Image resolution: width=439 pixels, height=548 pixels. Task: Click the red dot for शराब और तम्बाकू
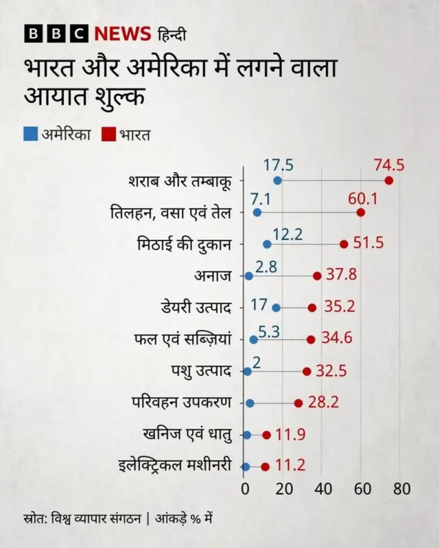click(x=389, y=180)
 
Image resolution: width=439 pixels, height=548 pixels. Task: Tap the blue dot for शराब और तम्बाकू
click(x=278, y=180)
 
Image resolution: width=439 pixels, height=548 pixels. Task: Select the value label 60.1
click(x=363, y=198)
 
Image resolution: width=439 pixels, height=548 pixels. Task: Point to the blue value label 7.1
click(x=261, y=198)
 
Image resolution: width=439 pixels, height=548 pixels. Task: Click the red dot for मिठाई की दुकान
click(x=344, y=244)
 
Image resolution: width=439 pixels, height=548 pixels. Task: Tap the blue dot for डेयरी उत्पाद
click(x=276, y=308)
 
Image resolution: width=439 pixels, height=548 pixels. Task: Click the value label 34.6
click(x=337, y=339)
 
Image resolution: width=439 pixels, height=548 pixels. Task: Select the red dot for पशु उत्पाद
click(x=307, y=371)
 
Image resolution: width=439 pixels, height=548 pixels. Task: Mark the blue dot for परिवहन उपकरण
click(x=250, y=403)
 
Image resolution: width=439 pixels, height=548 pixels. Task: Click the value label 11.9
click(x=290, y=435)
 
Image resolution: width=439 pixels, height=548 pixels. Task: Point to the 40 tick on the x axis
click(x=323, y=489)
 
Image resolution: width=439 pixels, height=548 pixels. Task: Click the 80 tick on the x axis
click(x=401, y=489)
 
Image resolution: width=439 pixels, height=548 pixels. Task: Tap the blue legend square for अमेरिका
click(x=30, y=134)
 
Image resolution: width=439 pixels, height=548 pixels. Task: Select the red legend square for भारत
click(x=108, y=134)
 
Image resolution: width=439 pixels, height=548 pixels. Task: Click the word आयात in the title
click(x=54, y=97)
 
